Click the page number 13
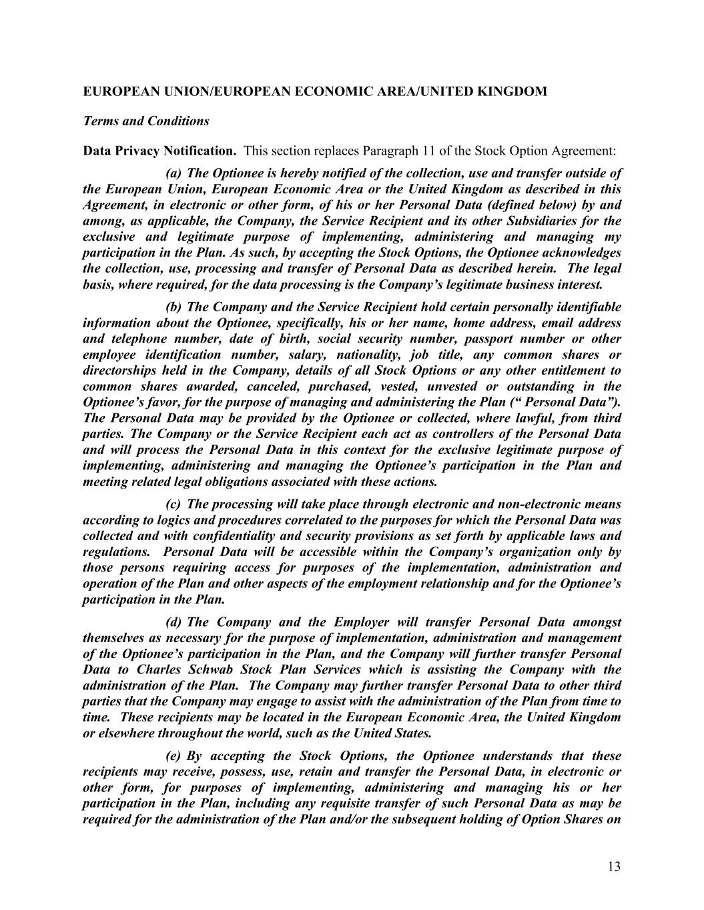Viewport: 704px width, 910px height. pyautogui.click(x=614, y=867)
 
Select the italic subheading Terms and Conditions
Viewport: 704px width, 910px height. pyautogui.click(x=145, y=121)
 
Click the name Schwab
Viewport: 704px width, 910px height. pyautogui.click(x=213, y=670)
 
